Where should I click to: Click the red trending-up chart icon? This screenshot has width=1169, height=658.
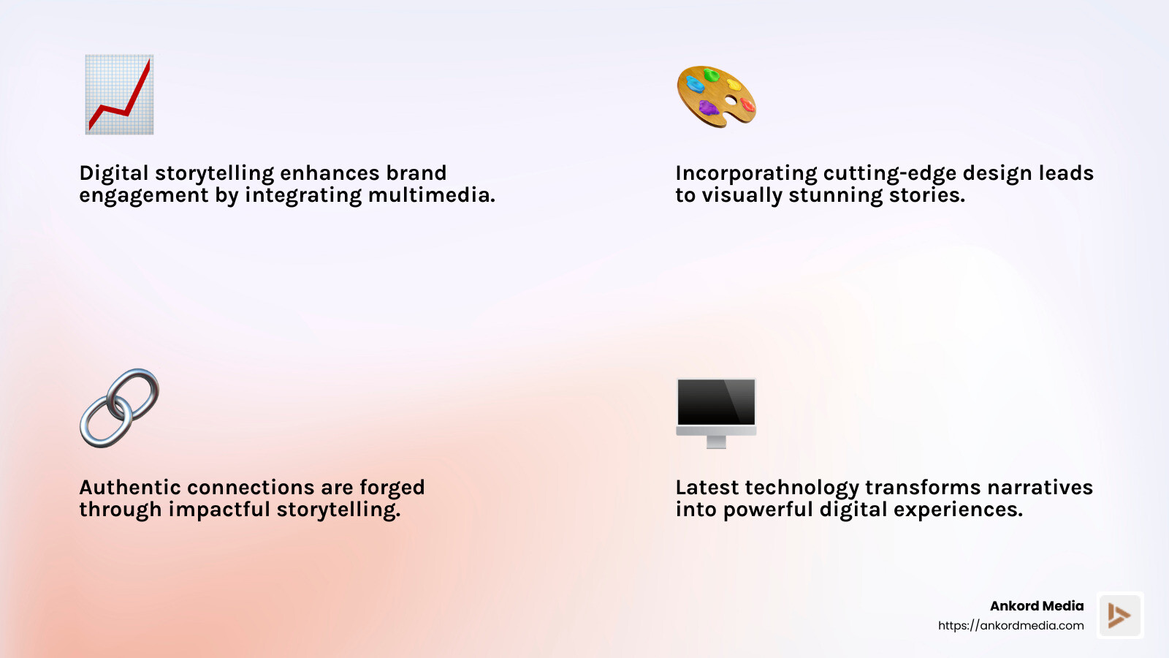[x=119, y=94]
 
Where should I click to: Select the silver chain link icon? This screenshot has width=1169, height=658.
[x=119, y=408]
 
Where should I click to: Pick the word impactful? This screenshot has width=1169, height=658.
[x=219, y=510]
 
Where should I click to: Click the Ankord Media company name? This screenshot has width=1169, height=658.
[x=1036, y=606]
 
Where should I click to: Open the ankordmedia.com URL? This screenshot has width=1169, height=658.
[x=1010, y=626]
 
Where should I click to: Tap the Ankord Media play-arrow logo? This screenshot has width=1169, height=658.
[x=1119, y=616]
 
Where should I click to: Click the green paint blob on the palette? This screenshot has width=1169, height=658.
[x=711, y=75]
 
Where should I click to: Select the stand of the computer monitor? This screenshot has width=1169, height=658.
[x=717, y=441]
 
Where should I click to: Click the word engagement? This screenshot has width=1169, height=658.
[x=144, y=195]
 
